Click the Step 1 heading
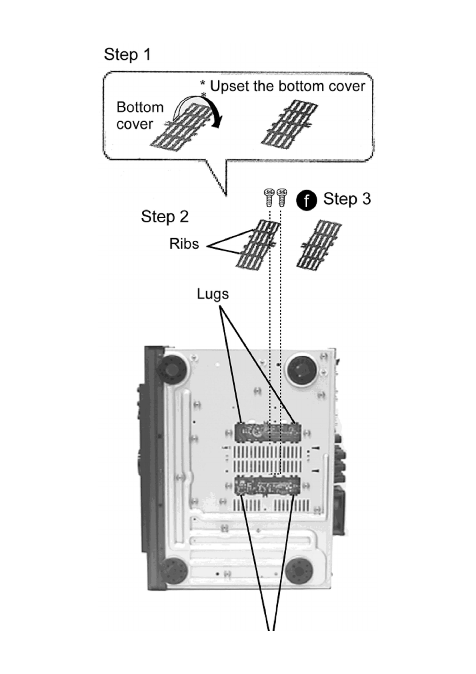(x=127, y=54)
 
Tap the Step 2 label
(x=165, y=217)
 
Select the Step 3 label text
(x=347, y=199)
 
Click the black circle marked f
(x=306, y=200)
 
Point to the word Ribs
(x=184, y=244)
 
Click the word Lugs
(x=213, y=294)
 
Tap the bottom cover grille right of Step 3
(x=319, y=244)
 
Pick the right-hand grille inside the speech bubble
(x=289, y=124)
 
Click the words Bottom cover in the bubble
(x=139, y=116)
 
